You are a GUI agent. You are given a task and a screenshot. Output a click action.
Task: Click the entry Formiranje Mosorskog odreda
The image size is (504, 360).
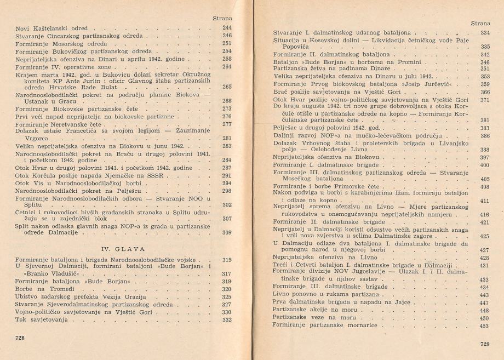click(50, 43)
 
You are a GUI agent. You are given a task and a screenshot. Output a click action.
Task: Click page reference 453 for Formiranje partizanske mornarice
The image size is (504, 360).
click(484, 326)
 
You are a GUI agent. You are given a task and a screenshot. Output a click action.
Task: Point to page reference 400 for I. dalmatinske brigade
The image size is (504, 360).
click(484, 165)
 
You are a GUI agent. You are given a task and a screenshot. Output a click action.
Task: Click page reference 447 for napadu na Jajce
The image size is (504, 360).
click(484, 302)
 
